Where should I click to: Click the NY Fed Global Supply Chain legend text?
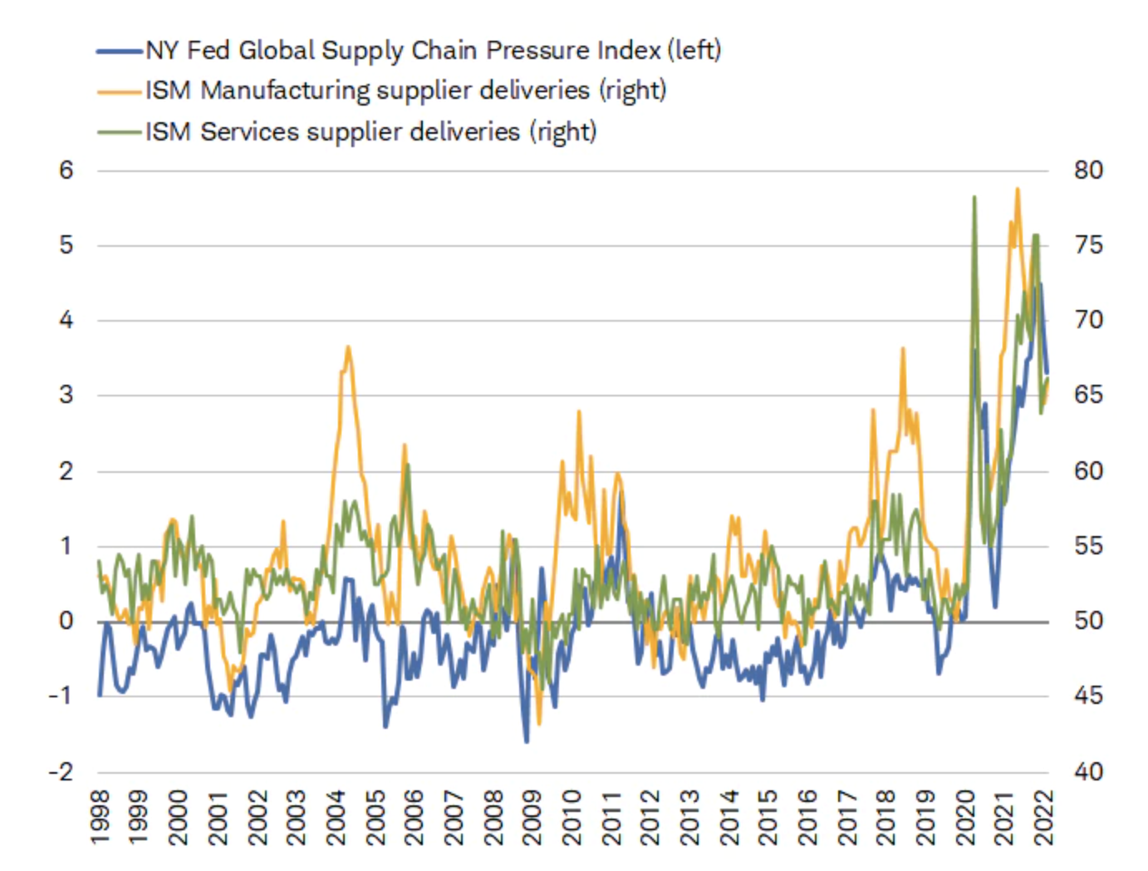[432, 51]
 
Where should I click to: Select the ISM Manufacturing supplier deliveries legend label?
[405, 91]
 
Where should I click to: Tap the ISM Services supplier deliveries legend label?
[370, 132]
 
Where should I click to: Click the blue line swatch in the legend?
[119, 52]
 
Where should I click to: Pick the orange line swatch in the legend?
[119, 91]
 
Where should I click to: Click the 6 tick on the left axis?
[66, 170]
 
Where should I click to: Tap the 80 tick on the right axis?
[1088, 170]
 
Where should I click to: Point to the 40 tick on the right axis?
[1088, 772]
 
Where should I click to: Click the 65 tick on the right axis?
[1088, 395]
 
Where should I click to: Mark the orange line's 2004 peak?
[348, 347]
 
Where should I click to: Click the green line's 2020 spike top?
[974, 197]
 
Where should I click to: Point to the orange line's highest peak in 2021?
[1018, 189]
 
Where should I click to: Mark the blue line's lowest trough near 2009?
[527, 741]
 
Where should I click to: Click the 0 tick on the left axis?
[66, 622]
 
